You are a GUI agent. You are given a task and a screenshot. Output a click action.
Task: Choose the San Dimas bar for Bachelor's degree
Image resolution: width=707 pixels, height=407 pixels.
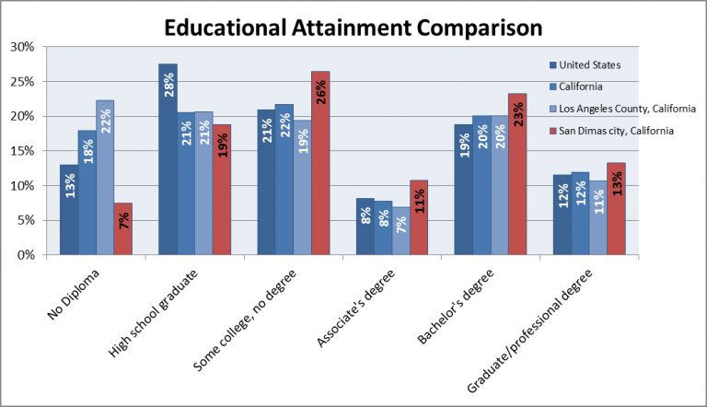(517, 174)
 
